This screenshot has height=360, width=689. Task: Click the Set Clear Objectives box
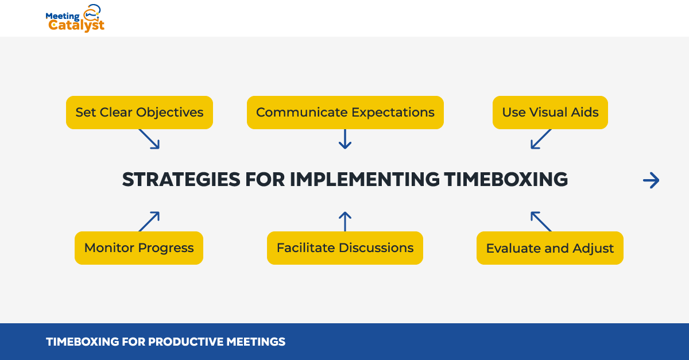pyautogui.click(x=140, y=113)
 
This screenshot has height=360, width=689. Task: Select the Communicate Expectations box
pyautogui.click(x=345, y=113)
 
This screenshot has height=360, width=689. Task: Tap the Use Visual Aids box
pyautogui.click(x=550, y=113)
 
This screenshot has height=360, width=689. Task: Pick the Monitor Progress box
pyautogui.click(x=139, y=247)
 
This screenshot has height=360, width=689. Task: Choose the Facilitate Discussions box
pyautogui.click(x=345, y=247)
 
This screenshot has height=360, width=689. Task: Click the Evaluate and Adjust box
pyautogui.click(x=550, y=247)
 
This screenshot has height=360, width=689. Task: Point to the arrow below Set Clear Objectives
pyautogui.click(x=149, y=139)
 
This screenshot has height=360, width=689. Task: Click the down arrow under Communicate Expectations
pyautogui.click(x=345, y=139)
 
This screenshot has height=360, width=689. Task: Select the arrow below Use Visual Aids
pyautogui.click(x=541, y=139)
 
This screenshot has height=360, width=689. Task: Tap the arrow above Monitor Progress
pyautogui.click(x=149, y=222)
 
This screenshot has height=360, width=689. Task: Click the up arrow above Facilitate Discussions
pyautogui.click(x=345, y=222)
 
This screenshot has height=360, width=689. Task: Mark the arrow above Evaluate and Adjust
pyautogui.click(x=541, y=222)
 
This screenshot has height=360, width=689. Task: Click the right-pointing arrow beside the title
pyautogui.click(x=651, y=180)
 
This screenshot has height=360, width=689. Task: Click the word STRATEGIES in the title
pyautogui.click(x=181, y=179)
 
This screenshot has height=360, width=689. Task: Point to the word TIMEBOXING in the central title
pyautogui.click(x=506, y=179)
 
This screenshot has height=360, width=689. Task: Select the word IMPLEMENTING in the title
pyautogui.click(x=365, y=179)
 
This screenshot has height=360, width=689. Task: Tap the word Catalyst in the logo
pyautogui.click(x=76, y=25)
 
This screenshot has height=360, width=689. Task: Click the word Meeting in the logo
pyautogui.click(x=63, y=16)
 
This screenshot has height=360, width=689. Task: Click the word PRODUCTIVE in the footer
pyautogui.click(x=186, y=342)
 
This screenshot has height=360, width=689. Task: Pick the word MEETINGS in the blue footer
pyautogui.click(x=256, y=342)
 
